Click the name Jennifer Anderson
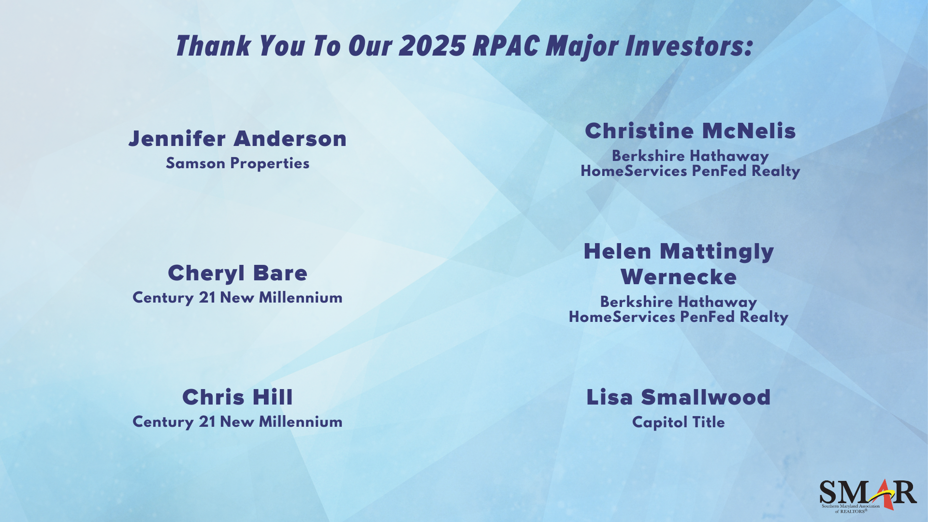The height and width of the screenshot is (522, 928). [x=238, y=139]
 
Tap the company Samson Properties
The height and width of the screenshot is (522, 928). [x=238, y=163]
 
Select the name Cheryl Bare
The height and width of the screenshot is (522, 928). [x=238, y=273]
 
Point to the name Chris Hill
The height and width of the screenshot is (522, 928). [x=238, y=397]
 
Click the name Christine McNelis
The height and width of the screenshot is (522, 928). [x=690, y=131]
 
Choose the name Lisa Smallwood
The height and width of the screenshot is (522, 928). [x=679, y=397]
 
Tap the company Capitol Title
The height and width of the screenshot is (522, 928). [x=679, y=422]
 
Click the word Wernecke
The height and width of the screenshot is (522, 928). [x=679, y=277]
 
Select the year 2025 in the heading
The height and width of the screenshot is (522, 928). [x=433, y=46]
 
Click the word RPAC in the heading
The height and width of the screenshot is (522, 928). [x=506, y=46]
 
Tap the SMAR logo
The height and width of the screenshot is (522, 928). [x=868, y=496]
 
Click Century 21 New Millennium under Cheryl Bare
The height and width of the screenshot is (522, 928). [x=238, y=298]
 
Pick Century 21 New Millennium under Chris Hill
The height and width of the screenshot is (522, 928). [x=238, y=422]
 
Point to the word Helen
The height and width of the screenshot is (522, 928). [x=618, y=251]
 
